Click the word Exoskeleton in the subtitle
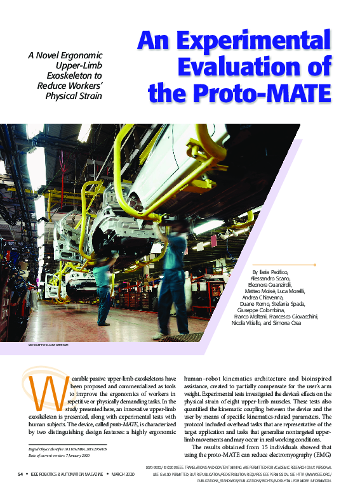77,74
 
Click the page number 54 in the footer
21,474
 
